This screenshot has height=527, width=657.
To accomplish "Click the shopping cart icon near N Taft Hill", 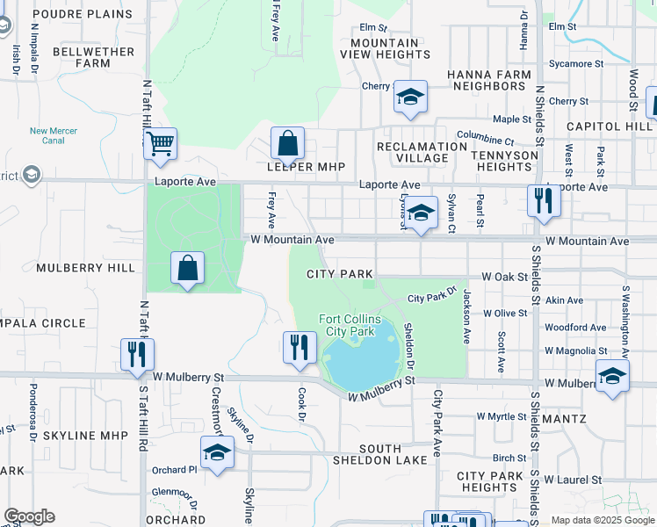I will (x=161, y=144).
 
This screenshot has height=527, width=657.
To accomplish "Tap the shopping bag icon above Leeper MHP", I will (x=287, y=143).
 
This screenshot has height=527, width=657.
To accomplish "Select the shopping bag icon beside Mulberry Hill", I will (x=188, y=268).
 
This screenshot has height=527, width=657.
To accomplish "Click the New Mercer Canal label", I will (x=54, y=135).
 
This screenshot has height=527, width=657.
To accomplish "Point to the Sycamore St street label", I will (x=575, y=64).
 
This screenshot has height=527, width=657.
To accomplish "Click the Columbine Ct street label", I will (x=485, y=139).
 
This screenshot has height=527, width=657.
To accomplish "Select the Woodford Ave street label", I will (x=575, y=328).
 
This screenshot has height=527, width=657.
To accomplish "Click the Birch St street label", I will (x=509, y=458).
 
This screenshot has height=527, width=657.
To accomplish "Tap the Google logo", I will (x=29, y=516).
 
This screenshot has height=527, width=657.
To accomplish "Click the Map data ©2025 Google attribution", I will (x=603, y=520).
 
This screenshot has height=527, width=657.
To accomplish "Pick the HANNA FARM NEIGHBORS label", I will (x=487, y=81).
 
